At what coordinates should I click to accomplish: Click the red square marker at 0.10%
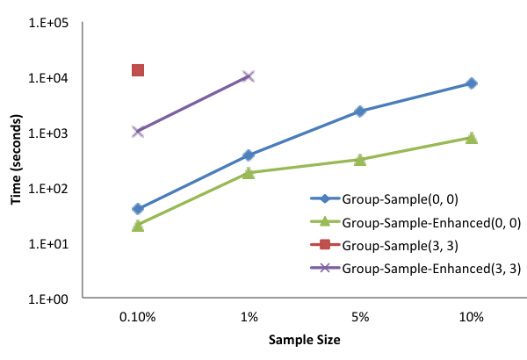(x=138, y=70)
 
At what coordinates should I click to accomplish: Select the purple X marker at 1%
(x=249, y=76)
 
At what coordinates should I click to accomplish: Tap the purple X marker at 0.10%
(x=138, y=132)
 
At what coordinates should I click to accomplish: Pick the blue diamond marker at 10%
(x=472, y=83)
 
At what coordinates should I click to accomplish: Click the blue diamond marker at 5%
(x=360, y=112)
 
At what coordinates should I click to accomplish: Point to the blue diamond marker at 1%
(x=249, y=155)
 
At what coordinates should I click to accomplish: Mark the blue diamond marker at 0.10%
(x=138, y=209)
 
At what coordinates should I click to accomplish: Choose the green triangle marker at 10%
(x=472, y=138)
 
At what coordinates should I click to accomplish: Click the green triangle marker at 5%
(x=360, y=160)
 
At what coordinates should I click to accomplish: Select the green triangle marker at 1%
(x=249, y=173)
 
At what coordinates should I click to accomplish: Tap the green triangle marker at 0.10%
(x=138, y=226)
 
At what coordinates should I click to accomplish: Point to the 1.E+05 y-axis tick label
(x=48, y=23)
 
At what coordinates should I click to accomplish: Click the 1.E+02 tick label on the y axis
(x=48, y=189)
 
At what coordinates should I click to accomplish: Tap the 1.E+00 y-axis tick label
(x=48, y=299)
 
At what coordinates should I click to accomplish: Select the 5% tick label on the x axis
(x=360, y=317)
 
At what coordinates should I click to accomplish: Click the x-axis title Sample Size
(x=305, y=340)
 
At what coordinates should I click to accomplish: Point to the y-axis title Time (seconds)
(x=16, y=159)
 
